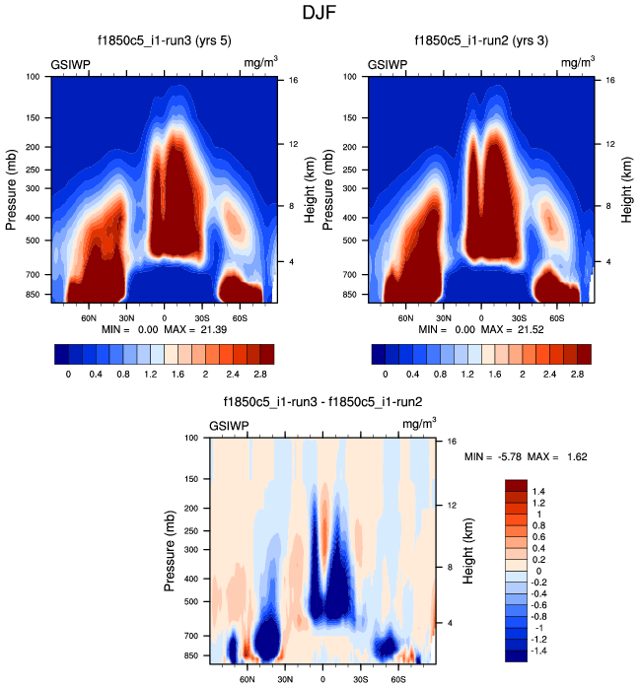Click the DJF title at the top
pos(319,14)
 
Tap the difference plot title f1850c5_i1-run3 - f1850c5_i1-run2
pos(321,402)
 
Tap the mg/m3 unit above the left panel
pos(259,63)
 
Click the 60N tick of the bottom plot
pos(248,680)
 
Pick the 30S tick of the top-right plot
pos(519,318)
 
